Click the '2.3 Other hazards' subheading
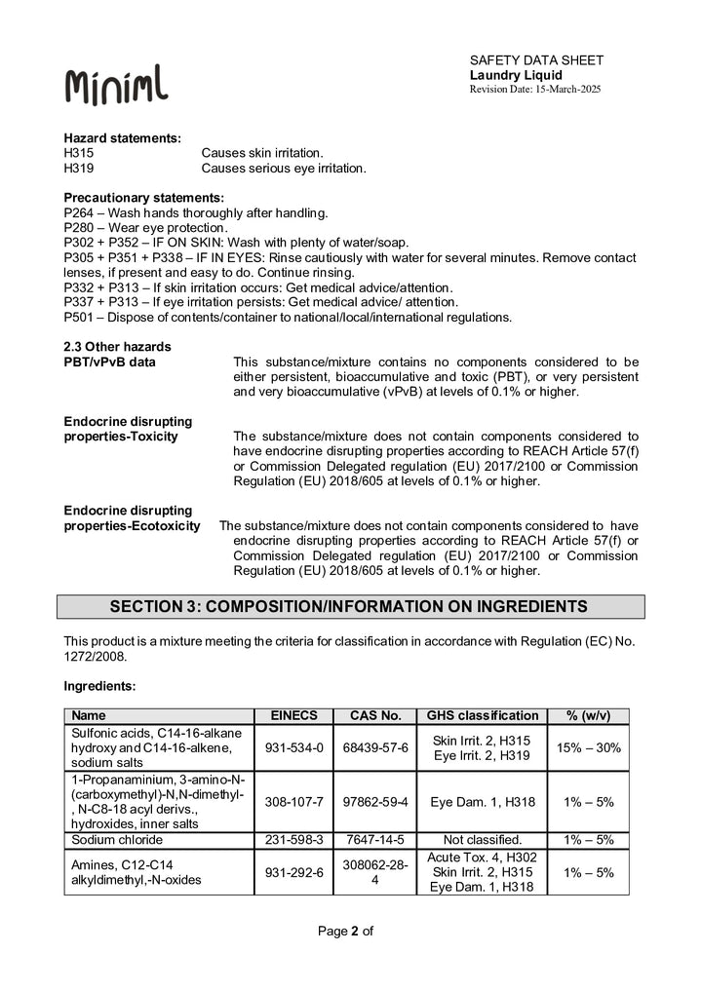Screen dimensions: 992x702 tap(117, 347)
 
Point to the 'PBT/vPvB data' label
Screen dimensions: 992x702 tap(109, 362)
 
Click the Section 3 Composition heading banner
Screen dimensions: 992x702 tap(350, 606)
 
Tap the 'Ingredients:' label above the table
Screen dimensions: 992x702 tap(99, 686)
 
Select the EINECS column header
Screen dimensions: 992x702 tap(293, 715)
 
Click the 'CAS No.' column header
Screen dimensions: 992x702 tap(374, 715)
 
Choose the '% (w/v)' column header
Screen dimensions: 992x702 tap(589, 715)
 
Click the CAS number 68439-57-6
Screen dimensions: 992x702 tap(374, 747)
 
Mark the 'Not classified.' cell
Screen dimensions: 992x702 tap(483, 840)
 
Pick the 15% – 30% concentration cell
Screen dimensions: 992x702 tap(589, 747)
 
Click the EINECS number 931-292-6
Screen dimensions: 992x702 tap(293, 872)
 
